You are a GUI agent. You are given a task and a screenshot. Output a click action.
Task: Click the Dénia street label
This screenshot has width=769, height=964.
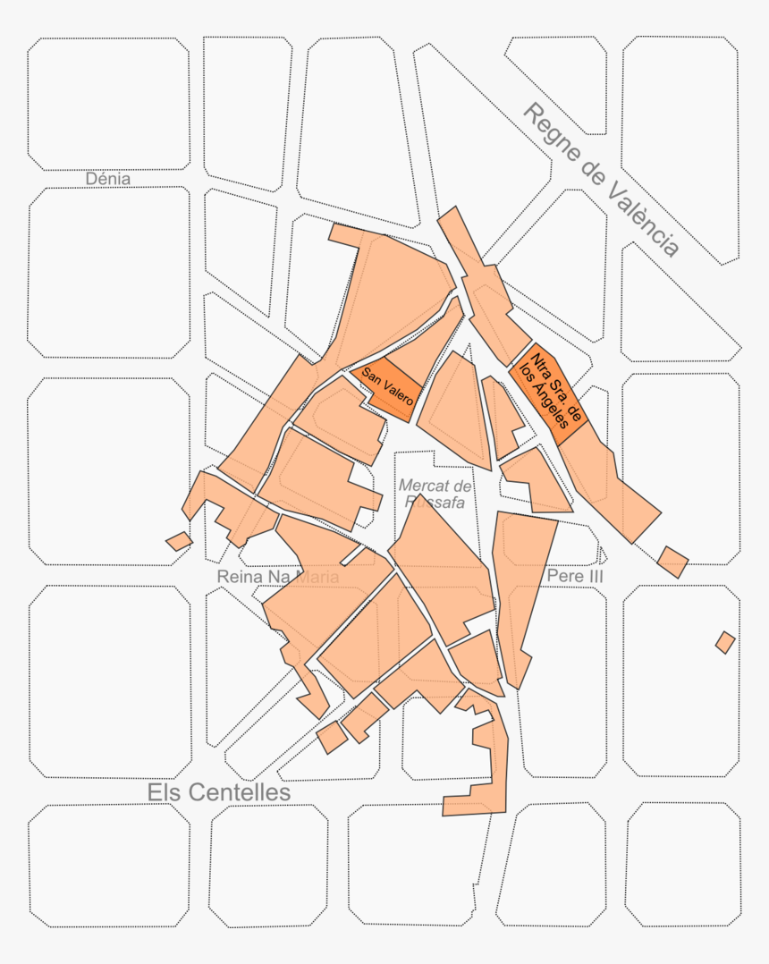tap(108, 179)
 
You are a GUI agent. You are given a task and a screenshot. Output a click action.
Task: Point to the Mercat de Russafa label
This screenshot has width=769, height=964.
tap(435, 493)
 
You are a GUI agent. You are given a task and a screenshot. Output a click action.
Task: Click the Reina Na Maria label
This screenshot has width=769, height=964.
tap(278, 578)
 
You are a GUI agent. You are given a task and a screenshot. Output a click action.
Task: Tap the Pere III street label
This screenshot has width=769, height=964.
tap(575, 577)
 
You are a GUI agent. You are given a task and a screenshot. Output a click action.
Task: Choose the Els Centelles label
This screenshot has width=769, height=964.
tap(219, 793)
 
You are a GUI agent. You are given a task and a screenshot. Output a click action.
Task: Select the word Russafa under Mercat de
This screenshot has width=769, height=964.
tap(435, 502)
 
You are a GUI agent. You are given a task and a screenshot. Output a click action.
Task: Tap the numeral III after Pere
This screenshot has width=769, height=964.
tap(592, 577)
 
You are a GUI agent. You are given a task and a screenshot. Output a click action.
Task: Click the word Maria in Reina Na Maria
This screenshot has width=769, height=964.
tap(312, 578)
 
